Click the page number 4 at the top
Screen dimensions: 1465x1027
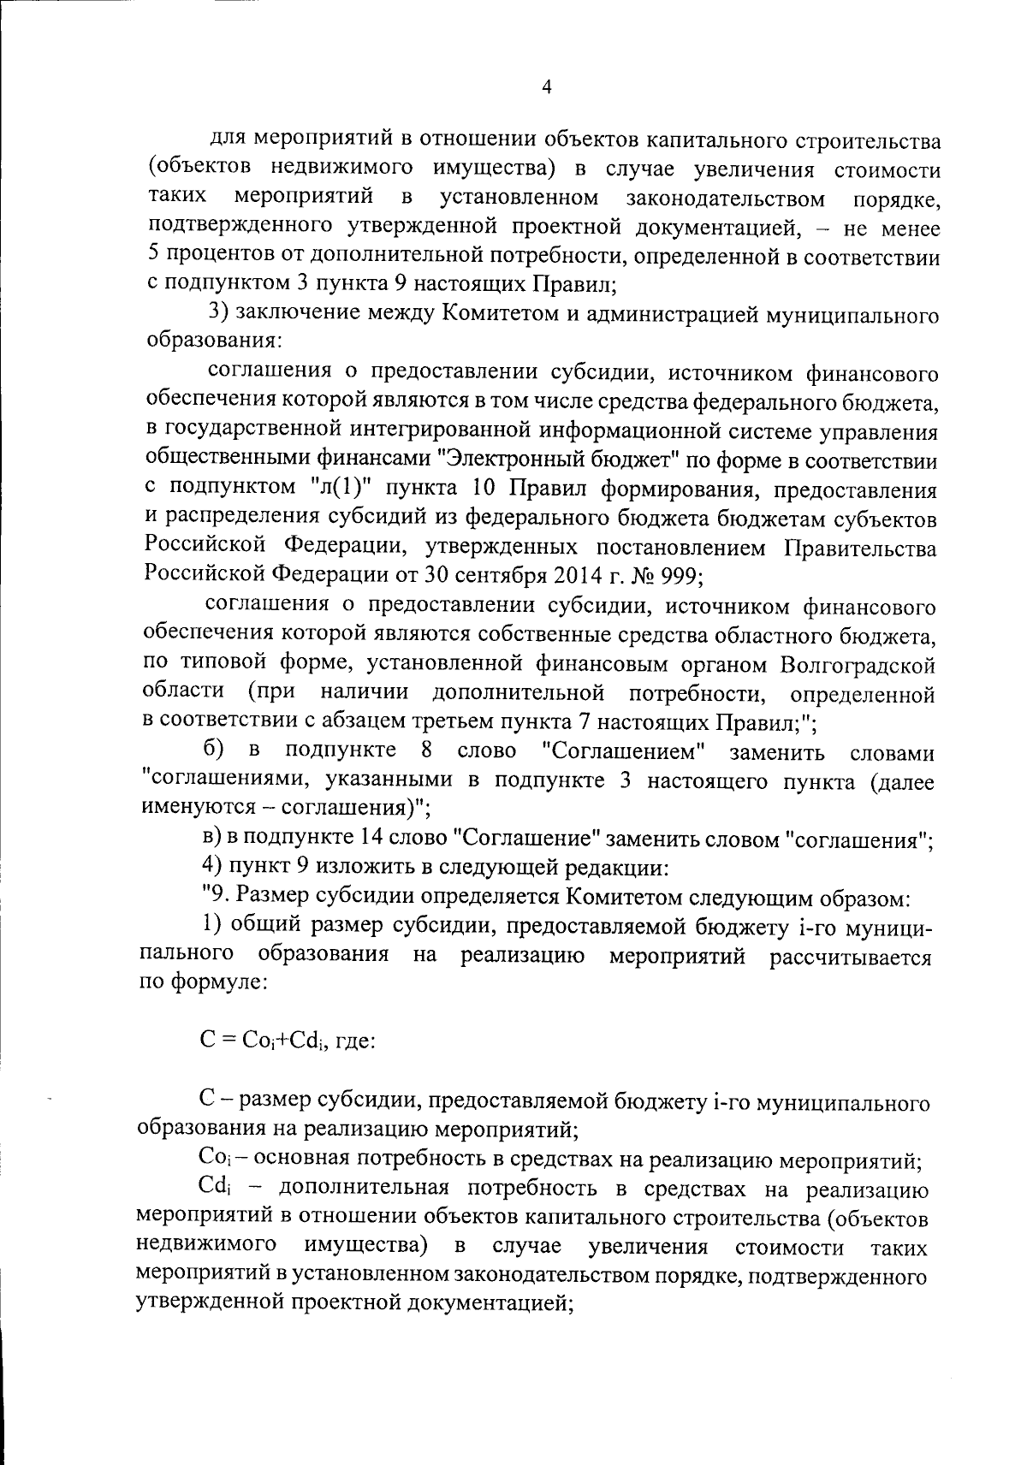click(546, 87)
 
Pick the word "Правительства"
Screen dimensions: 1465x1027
click(860, 547)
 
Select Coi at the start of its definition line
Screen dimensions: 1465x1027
click(214, 1160)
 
